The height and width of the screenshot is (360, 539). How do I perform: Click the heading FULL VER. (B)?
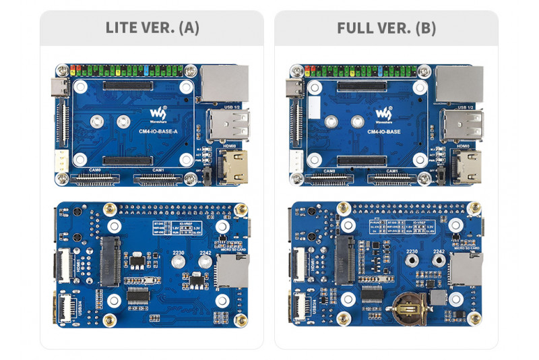(386, 28)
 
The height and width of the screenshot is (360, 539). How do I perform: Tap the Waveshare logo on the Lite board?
(156, 113)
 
